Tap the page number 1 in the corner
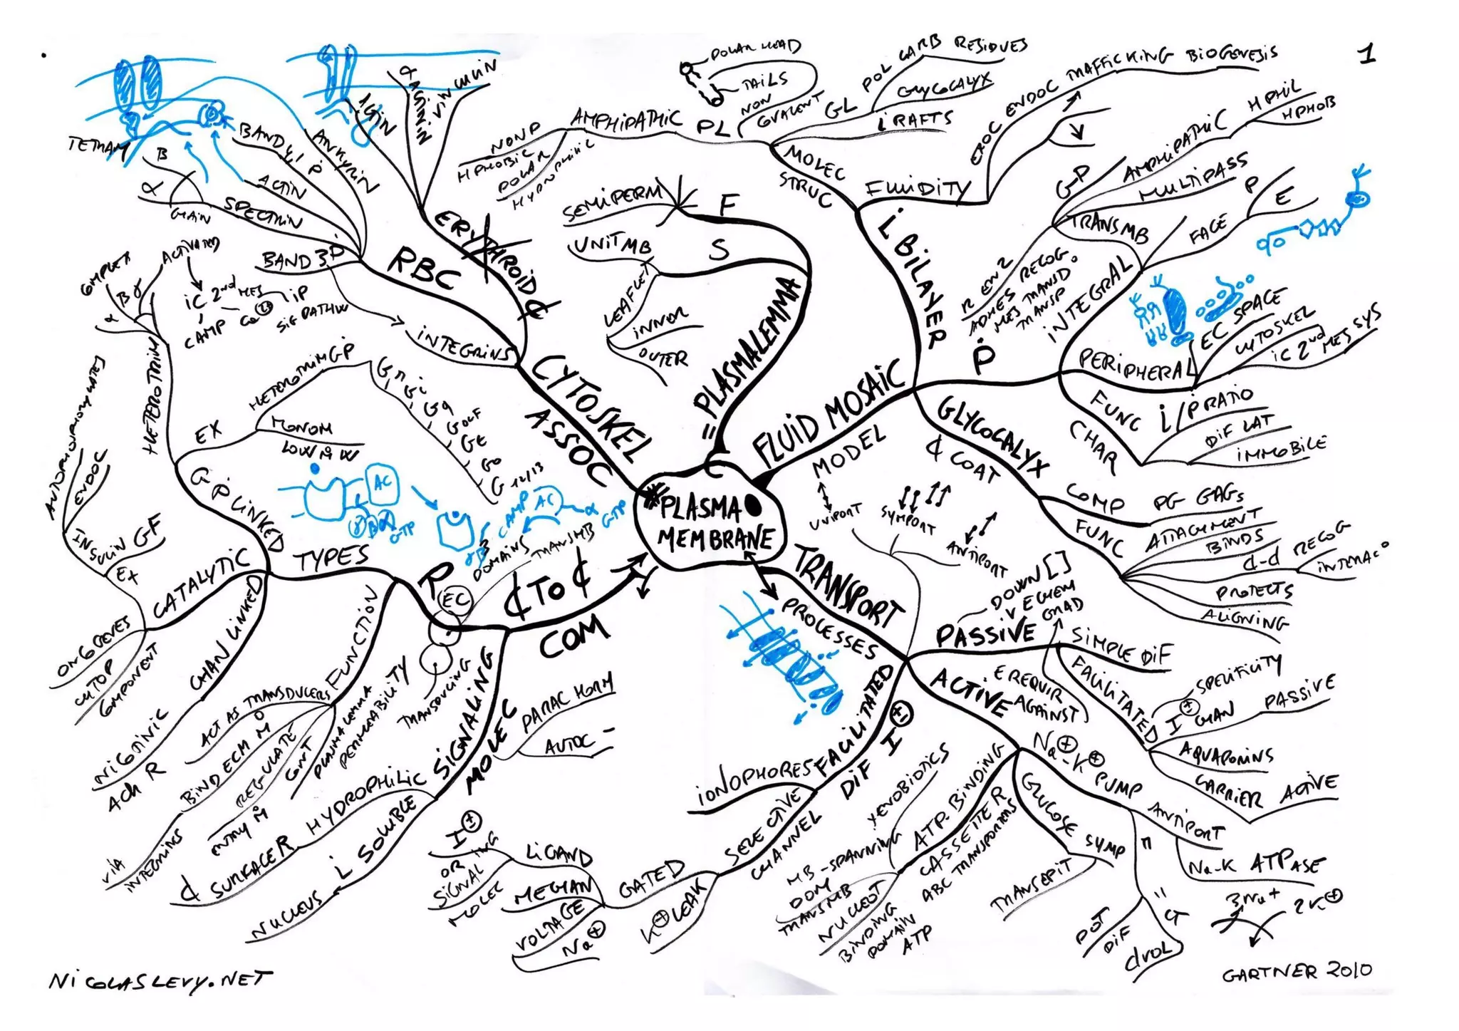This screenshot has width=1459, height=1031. (x=1366, y=53)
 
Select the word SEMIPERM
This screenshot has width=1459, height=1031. (x=613, y=202)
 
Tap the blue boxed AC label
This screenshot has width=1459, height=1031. (x=382, y=485)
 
